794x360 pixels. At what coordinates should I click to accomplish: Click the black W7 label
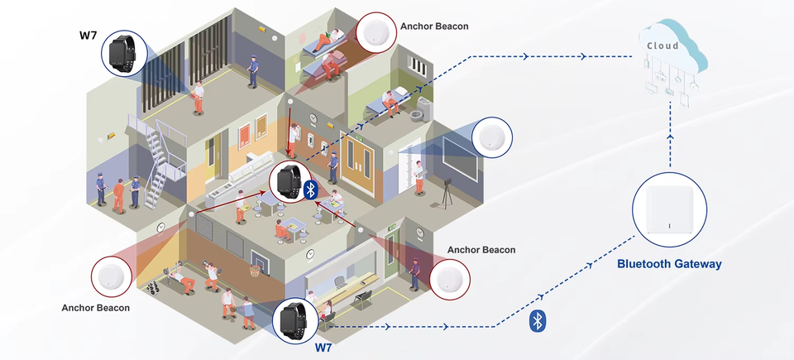(88, 35)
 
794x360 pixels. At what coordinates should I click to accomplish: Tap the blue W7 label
(324, 348)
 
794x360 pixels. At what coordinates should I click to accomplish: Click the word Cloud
(662, 46)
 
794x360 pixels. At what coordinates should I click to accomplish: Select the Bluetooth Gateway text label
(670, 264)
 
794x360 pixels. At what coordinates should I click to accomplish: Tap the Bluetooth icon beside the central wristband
(311, 190)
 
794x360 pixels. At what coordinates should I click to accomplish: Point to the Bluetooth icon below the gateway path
(536, 320)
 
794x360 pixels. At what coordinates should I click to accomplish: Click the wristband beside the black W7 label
(124, 54)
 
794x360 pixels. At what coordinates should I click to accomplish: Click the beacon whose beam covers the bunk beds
(378, 34)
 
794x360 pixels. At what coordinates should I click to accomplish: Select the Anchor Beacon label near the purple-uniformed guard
(481, 250)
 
